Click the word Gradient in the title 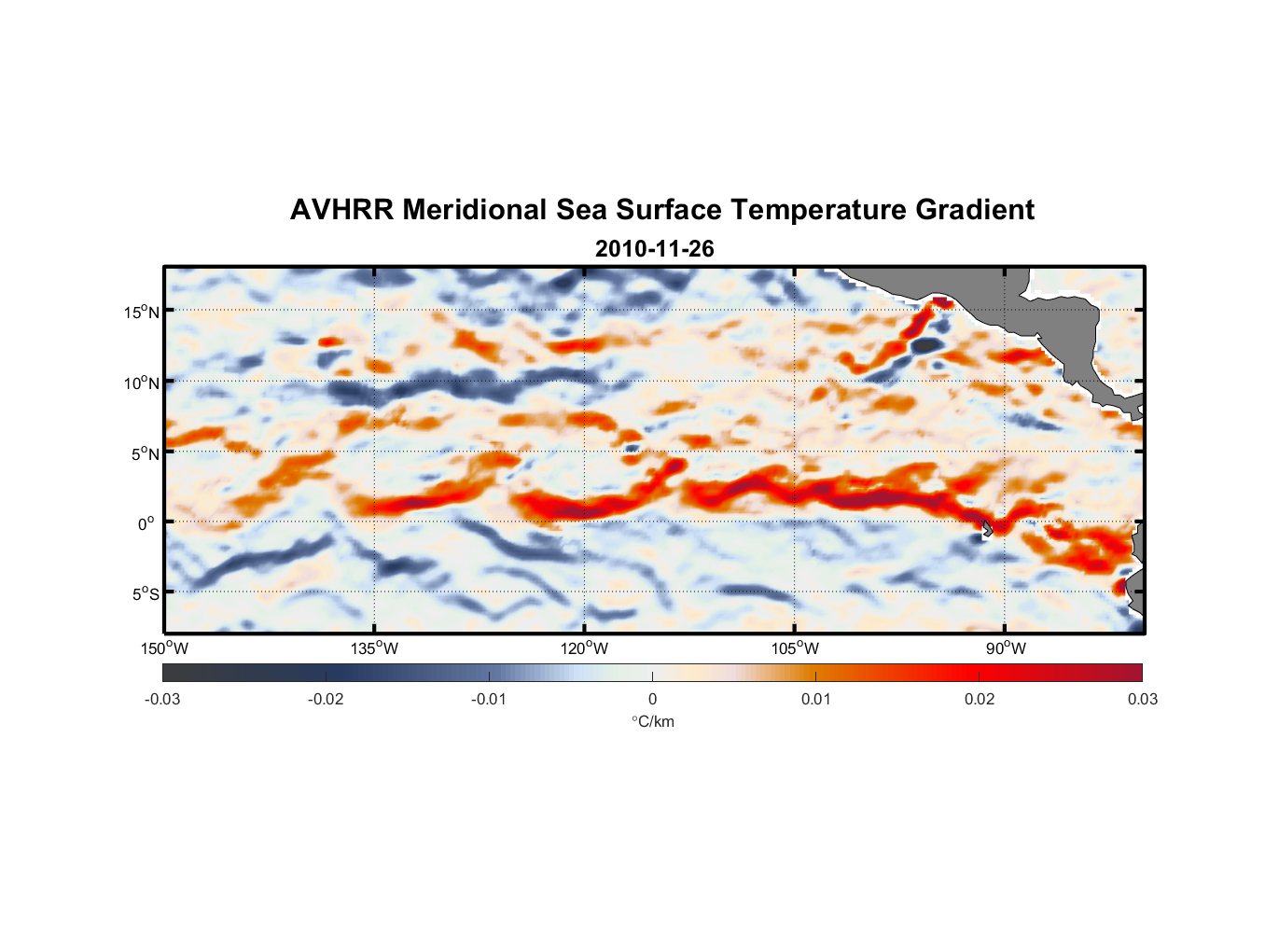point(974,210)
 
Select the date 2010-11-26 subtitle point(654,249)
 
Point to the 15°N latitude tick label point(142,312)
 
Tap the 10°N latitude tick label point(142,383)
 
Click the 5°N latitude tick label point(145,453)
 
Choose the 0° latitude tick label point(147,523)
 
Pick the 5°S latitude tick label point(145,594)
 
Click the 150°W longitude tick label point(164,648)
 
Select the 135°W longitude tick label point(375,648)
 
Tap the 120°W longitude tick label point(585,648)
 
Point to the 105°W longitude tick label point(795,648)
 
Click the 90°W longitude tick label point(1006,648)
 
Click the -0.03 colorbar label point(162,700)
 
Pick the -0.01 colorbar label point(489,700)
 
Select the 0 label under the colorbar point(652,700)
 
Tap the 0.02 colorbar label point(980,700)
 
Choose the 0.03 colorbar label point(1142,700)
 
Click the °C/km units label point(653,721)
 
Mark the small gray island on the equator point(987,528)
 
